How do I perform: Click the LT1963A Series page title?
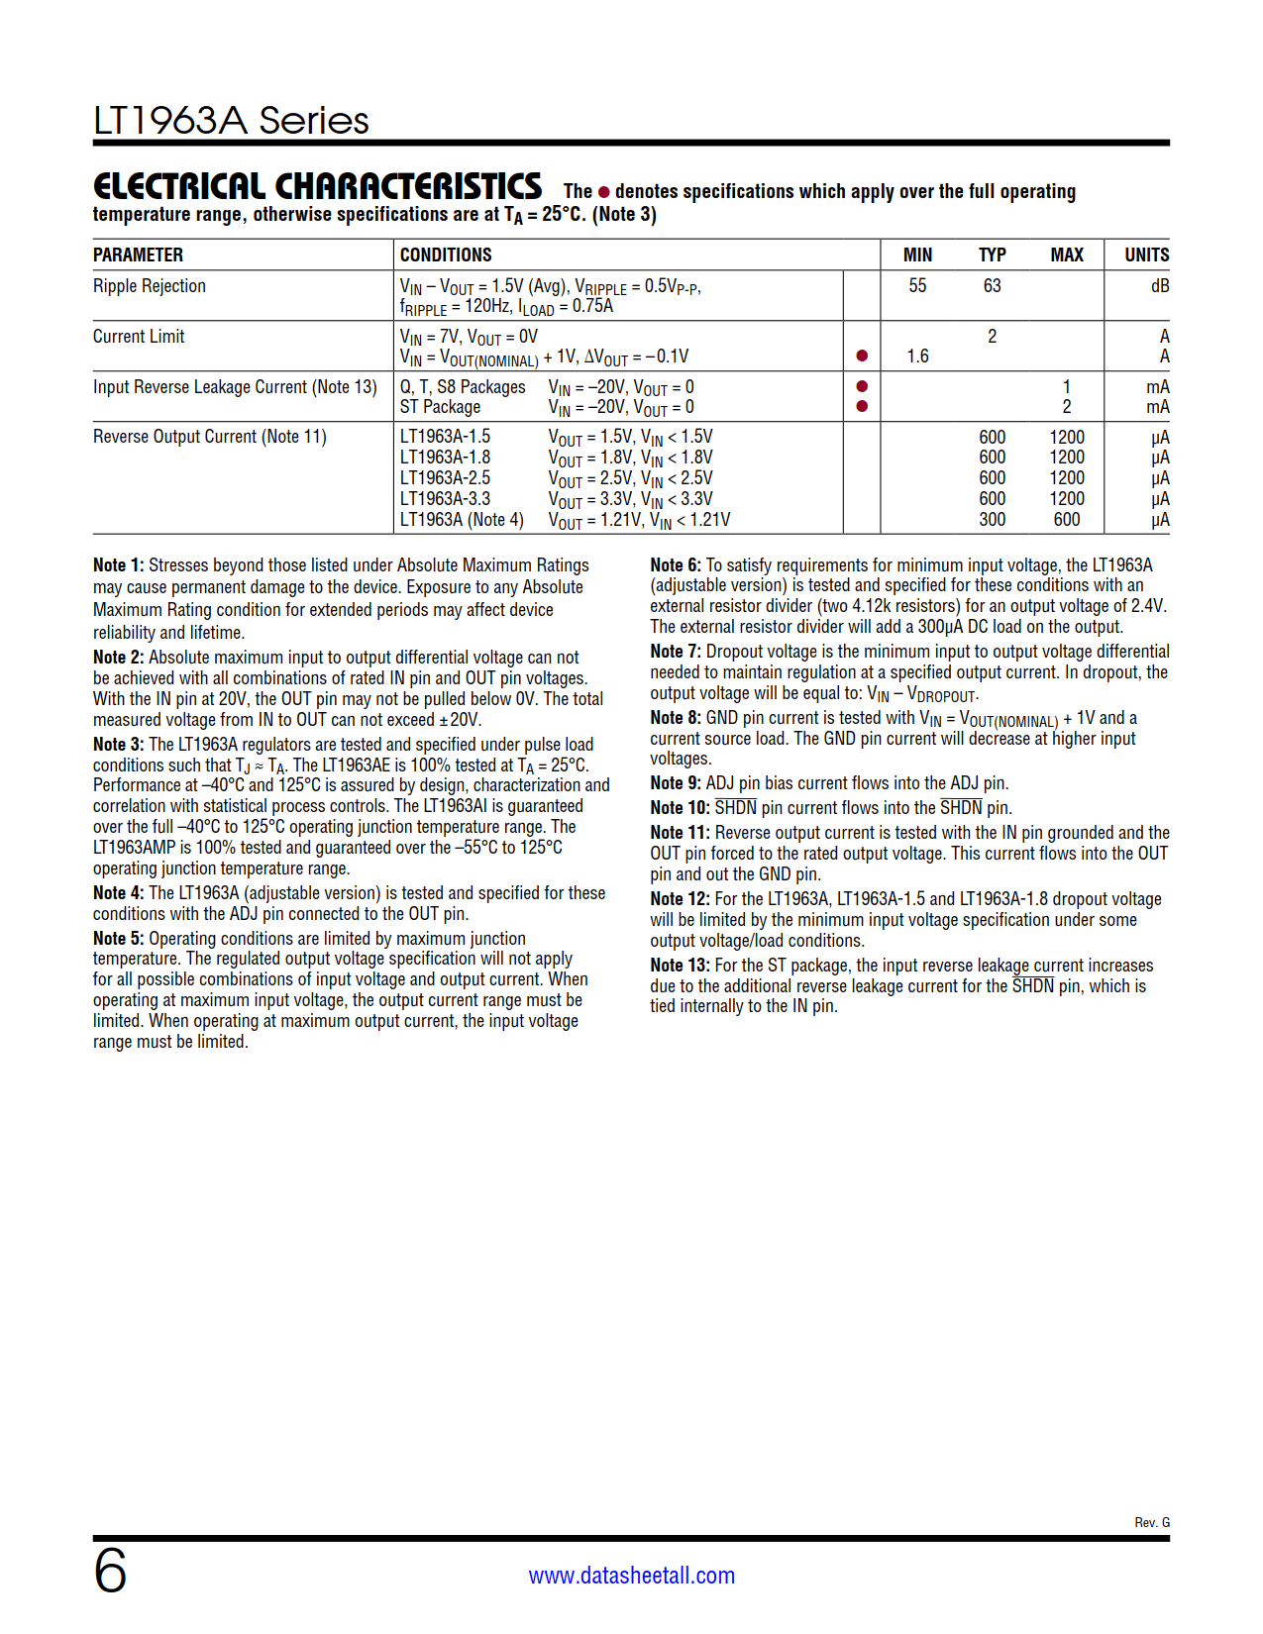pos(231,121)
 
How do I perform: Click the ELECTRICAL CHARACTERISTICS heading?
pos(317,187)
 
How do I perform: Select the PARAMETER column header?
pos(138,255)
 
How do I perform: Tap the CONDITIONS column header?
pos(446,255)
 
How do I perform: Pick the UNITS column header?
pos(1146,255)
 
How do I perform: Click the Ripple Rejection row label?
pos(150,286)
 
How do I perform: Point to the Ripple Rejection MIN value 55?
pos(917,286)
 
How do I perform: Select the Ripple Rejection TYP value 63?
pos(992,286)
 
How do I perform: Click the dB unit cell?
pos(1159,286)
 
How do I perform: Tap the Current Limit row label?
pos(139,337)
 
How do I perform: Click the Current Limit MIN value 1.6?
pos(917,357)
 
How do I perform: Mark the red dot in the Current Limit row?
pos(862,357)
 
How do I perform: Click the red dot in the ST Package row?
pos(862,407)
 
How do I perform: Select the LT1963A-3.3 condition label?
pos(445,499)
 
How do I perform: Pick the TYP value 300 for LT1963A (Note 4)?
pos(992,520)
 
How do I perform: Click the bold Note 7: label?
pos(676,652)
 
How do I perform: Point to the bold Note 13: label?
pos(680,966)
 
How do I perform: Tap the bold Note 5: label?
pos(119,939)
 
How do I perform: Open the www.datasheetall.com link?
pos(631,1576)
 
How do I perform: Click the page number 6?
pos(110,1571)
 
